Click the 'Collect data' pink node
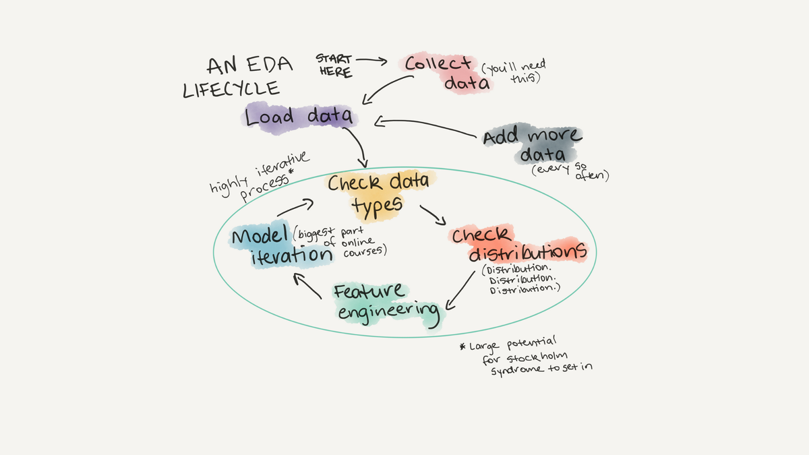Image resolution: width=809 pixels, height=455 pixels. pyautogui.click(x=446, y=73)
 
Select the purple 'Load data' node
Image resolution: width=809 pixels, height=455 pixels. pyautogui.click(x=299, y=118)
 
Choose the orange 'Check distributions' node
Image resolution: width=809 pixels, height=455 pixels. pyautogui.click(x=518, y=244)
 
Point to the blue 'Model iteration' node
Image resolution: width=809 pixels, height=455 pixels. pyautogui.click(x=282, y=245)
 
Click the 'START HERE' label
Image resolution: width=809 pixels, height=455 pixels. pyautogui.click(x=334, y=65)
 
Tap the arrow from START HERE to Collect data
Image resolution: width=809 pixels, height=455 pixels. pyautogui.click(x=371, y=61)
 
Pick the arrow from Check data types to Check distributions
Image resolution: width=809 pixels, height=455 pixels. pyautogui.click(x=433, y=216)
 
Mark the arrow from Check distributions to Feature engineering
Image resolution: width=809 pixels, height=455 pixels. pyautogui.click(x=460, y=291)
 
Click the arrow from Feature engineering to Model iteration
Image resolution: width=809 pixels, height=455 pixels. pyautogui.click(x=306, y=285)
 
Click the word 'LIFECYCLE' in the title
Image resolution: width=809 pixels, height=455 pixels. pyautogui.click(x=231, y=89)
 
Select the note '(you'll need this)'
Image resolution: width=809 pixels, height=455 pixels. pyautogui.click(x=514, y=71)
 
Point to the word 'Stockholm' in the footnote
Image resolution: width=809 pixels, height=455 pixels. pyautogui.click(x=537, y=357)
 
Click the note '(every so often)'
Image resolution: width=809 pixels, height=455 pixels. pyautogui.click(x=570, y=172)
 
